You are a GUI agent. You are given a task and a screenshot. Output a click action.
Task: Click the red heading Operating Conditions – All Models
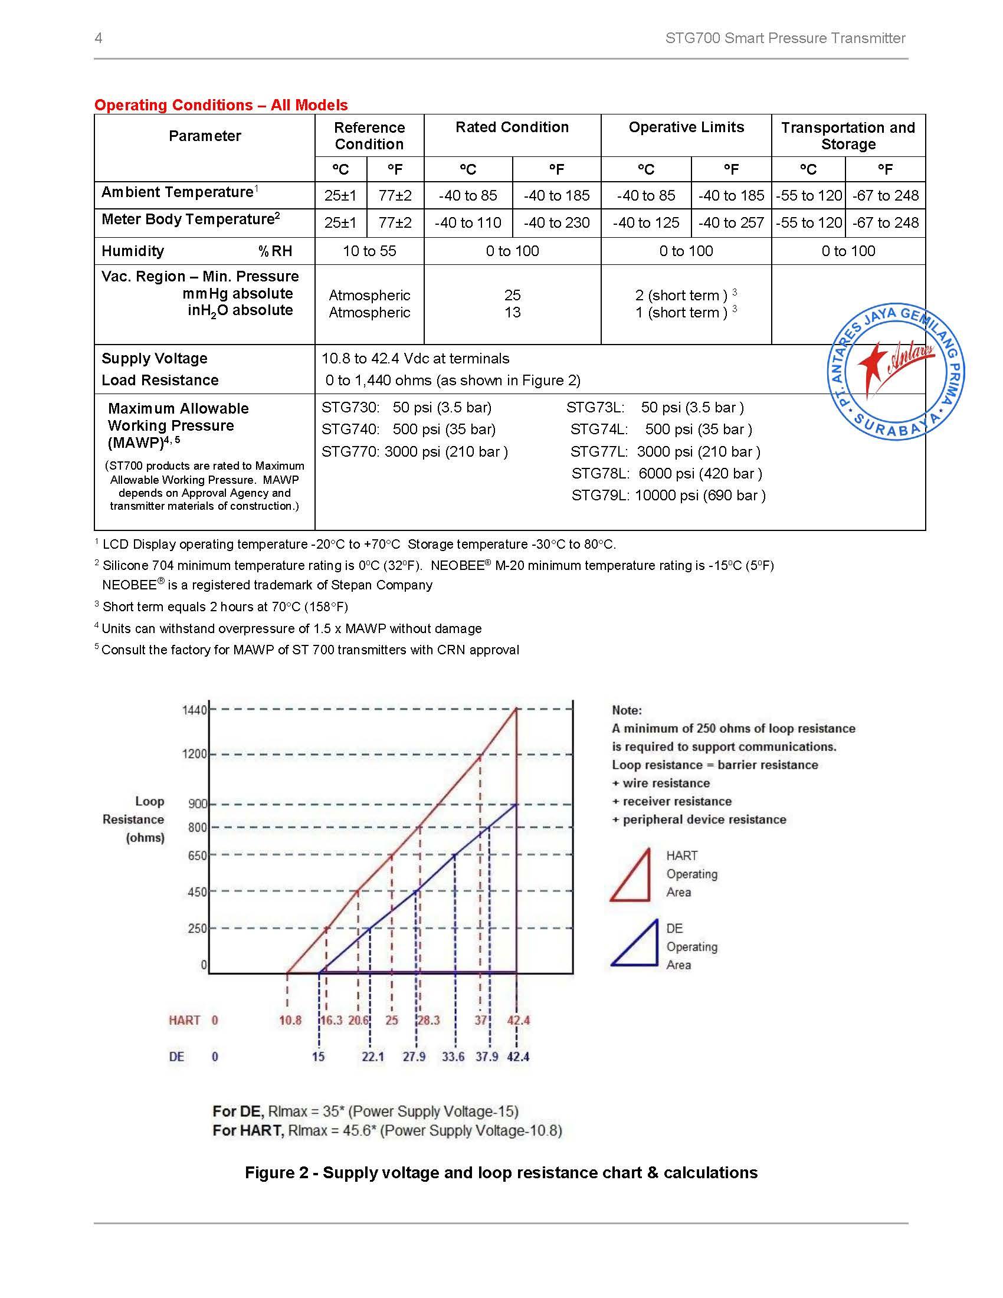pos(221,105)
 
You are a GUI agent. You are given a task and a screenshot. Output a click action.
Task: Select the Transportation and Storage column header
pos(848,136)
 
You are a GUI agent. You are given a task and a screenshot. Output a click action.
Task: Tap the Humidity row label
pos(133,251)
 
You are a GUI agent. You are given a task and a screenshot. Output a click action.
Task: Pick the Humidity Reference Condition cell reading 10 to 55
pos(369,251)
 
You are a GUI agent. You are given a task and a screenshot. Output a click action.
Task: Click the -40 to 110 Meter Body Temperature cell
pos(468,223)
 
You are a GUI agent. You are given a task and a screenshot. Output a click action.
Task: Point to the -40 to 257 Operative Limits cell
pos(731,223)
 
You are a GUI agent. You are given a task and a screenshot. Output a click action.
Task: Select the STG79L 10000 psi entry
pos(668,495)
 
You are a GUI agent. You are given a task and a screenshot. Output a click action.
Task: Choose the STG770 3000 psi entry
pos(414,452)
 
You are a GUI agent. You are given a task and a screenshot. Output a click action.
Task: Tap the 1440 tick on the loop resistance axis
pos(194,710)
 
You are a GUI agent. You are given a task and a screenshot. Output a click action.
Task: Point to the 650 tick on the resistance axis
pos(197,856)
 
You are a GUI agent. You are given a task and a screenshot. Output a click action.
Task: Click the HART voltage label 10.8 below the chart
pos(290,1020)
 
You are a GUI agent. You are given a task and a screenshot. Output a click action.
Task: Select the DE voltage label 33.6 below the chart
pos(453,1056)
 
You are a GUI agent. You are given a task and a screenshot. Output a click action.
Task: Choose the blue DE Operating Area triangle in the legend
pos(636,945)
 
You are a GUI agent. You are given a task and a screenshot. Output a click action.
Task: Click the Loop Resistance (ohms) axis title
pos(135,820)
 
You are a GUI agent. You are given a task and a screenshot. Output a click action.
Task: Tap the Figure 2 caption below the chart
pos(501,1172)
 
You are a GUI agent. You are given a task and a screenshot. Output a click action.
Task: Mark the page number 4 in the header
pos(99,38)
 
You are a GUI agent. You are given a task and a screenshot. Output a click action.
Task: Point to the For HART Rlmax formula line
pos(387,1130)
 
